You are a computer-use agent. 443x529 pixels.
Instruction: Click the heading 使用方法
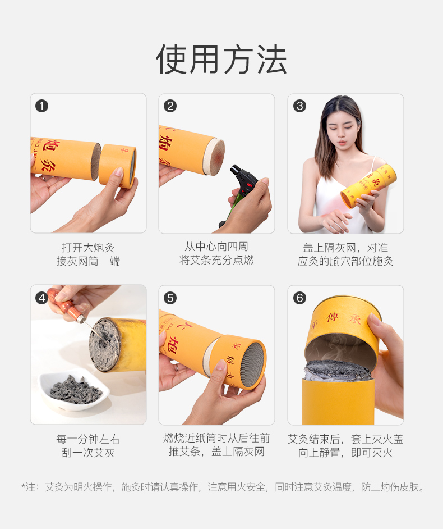221,60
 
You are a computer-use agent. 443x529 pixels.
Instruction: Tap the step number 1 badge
41,106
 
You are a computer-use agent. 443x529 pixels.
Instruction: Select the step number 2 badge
170,106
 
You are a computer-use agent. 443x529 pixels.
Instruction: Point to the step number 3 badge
299,106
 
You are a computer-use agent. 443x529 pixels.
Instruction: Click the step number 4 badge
41,298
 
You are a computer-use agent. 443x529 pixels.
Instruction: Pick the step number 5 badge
170,298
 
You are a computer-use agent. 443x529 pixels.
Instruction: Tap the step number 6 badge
299,298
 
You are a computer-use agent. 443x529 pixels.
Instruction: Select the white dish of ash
75,391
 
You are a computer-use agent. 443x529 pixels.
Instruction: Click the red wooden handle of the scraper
64,305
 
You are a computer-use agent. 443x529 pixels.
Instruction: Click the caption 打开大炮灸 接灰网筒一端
88,254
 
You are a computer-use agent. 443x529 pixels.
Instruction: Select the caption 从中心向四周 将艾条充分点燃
216,253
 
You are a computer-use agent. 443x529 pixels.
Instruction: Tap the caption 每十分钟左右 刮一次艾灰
88,446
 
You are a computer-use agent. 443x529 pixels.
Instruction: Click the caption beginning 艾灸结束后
345,446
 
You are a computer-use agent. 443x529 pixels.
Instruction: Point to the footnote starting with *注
223,487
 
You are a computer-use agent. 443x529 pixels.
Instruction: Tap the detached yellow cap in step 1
118,165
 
